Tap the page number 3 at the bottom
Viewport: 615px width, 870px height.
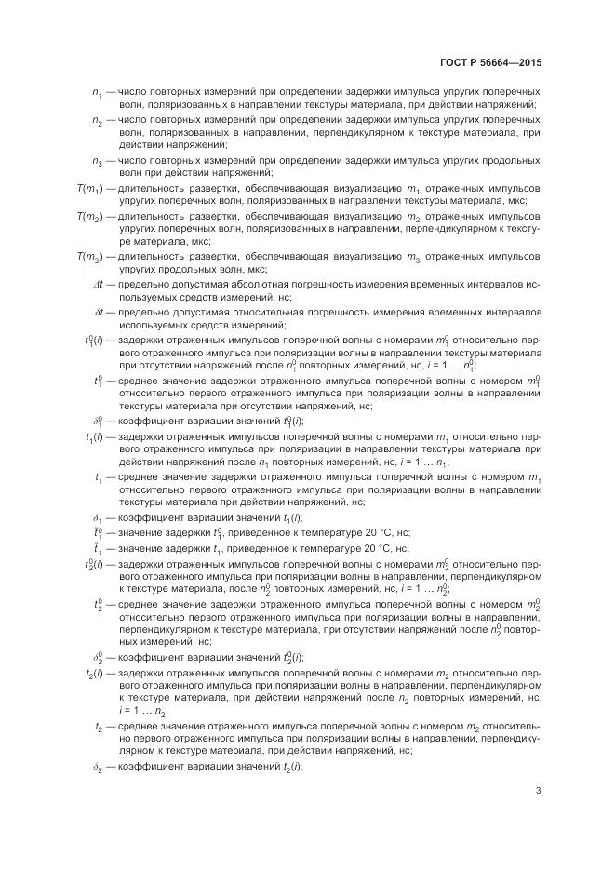point(538,791)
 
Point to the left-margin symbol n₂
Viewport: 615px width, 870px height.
point(98,121)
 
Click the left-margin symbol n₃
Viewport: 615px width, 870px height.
point(98,161)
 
